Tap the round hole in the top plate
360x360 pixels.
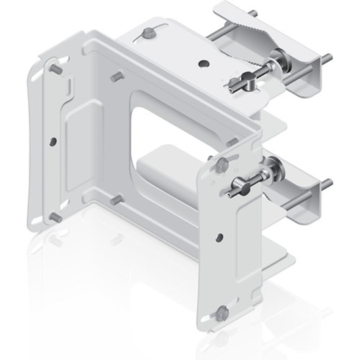coord(205,64)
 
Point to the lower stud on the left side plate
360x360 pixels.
coord(55,216)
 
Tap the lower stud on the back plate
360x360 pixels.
coord(117,198)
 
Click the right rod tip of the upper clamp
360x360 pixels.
coord(325,59)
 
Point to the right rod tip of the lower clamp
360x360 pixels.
coord(326,182)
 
